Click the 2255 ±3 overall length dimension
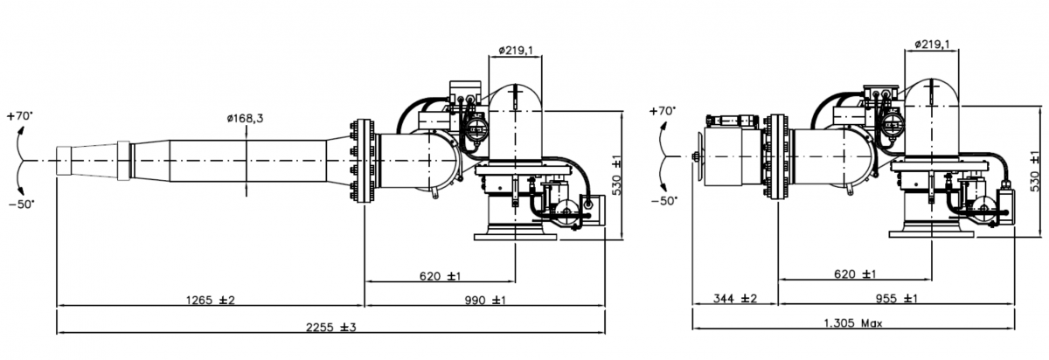point(331,327)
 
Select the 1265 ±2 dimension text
point(211,300)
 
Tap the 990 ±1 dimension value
point(485,300)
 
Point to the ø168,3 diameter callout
point(245,119)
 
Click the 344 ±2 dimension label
point(735,298)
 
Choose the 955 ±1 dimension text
point(896,298)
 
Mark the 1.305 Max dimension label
point(853,323)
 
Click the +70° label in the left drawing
point(21,115)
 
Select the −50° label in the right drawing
point(664,201)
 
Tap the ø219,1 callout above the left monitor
point(516,50)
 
